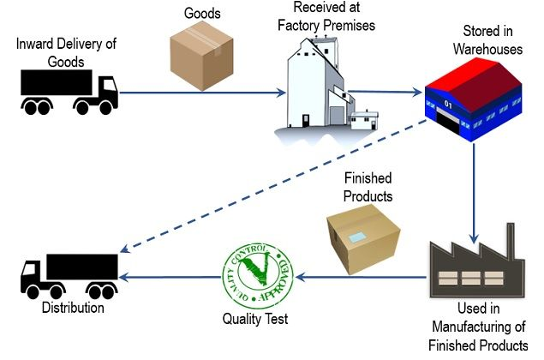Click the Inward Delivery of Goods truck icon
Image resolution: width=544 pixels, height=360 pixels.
point(69,89)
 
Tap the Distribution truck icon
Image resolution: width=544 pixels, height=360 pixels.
point(69,276)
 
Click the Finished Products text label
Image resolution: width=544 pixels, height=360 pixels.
point(368,187)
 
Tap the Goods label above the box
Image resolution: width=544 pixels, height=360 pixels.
point(203,15)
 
